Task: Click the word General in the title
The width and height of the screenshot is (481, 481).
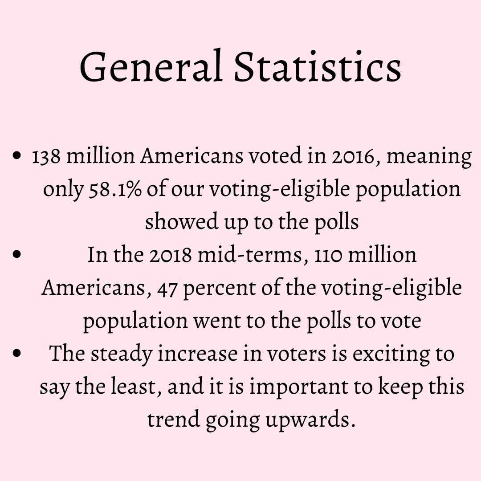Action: tap(151, 67)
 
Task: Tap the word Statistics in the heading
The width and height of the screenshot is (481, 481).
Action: tap(318, 67)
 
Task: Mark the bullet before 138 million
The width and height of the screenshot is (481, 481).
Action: tap(17, 157)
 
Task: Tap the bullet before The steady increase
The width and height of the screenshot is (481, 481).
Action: tap(17, 354)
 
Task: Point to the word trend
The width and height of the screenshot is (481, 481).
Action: tap(172, 420)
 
